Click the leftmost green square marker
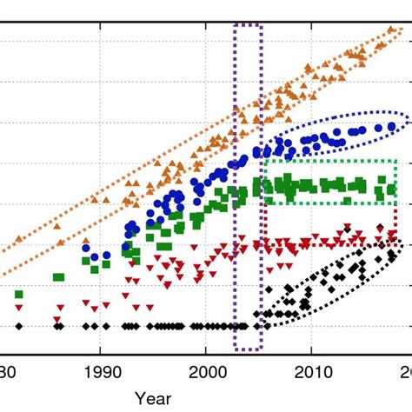coord(18,296)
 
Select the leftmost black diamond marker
coord(18,326)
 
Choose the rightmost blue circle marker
coord(391,126)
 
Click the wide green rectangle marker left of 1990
coord(58,277)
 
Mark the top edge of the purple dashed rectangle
coord(249,23)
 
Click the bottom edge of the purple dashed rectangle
coord(249,350)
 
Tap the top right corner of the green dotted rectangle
coord(397,161)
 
